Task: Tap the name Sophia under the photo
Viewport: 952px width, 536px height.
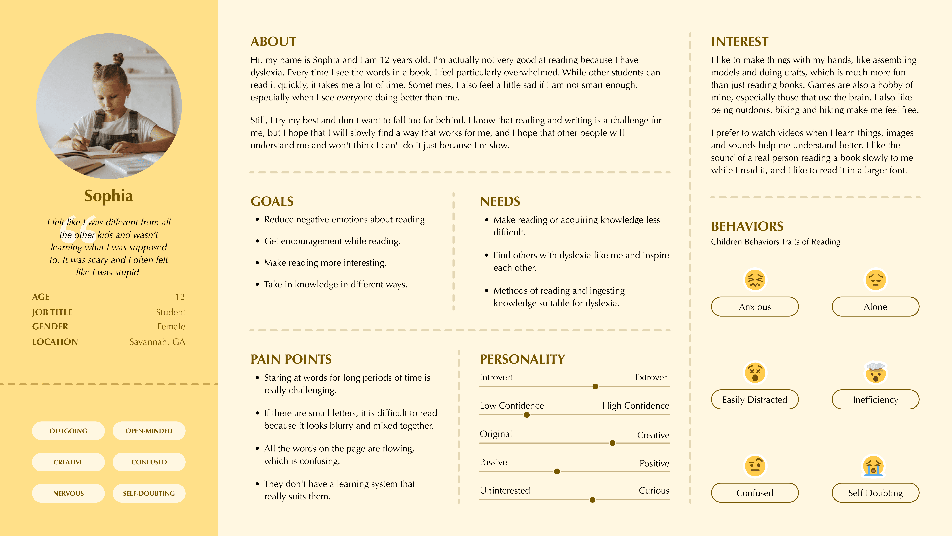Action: (x=109, y=196)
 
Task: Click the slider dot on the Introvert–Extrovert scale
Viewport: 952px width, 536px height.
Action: (x=595, y=387)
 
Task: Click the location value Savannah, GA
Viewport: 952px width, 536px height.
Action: (x=157, y=342)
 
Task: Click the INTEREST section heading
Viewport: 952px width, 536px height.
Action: (x=739, y=41)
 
